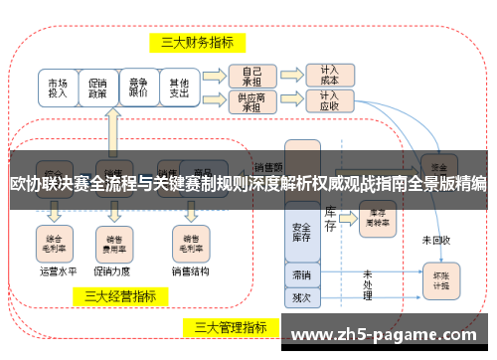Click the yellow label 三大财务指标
pyautogui.click(x=198, y=42)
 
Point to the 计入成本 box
pyautogui.click(x=329, y=75)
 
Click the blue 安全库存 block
pyautogui.click(x=302, y=232)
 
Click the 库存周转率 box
pyautogui.click(x=379, y=216)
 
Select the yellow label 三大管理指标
pyautogui.click(x=230, y=326)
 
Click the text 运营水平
pyautogui.click(x=58, y=270)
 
